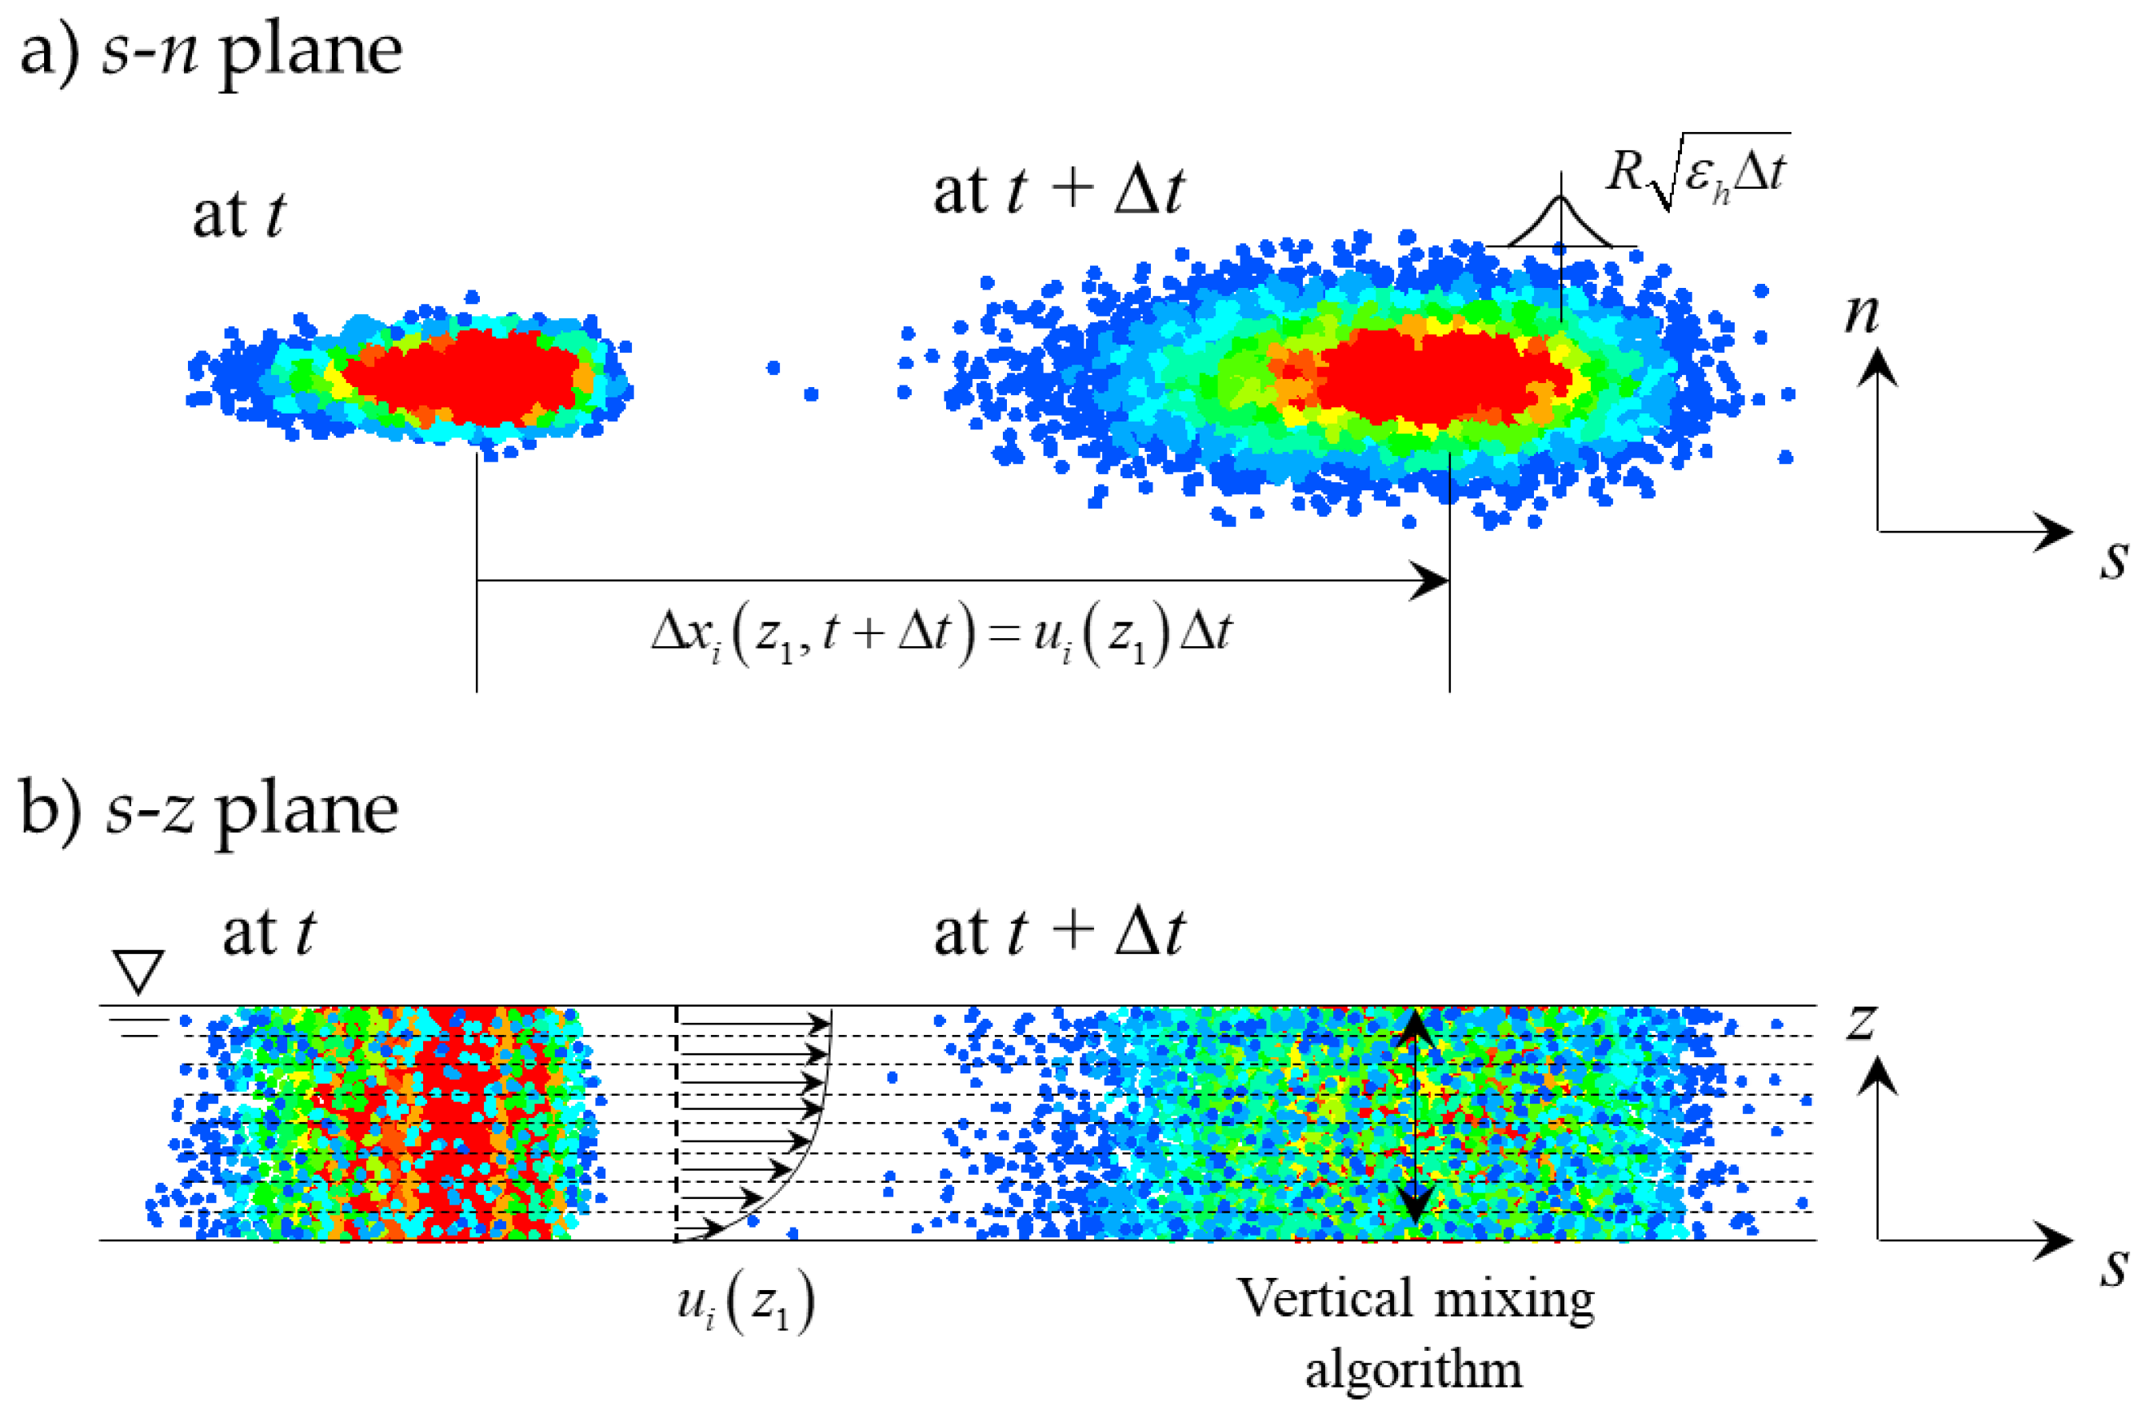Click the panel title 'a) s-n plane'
(x=210, y=51)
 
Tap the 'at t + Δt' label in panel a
(x=1057, y=192)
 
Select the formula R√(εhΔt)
(x=1696, y=173)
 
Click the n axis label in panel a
(x=1861, y=313)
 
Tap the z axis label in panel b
(x=1861, y=1021)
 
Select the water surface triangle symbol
(x=138, y=971)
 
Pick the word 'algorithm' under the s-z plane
(x=1413, y=1371)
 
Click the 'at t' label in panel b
(x=269, y=933)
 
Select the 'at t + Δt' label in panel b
(x=1057, y=933)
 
